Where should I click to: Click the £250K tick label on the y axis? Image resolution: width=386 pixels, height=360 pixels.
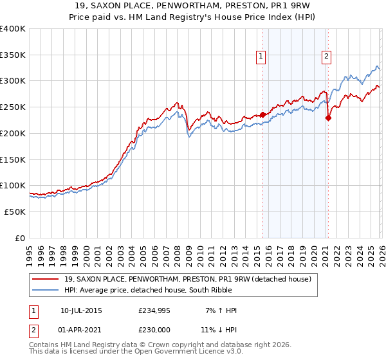coord(13,107)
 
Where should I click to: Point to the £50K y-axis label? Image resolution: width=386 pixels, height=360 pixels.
coord(14,212)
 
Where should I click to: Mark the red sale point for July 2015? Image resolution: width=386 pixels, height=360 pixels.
coord(262,115)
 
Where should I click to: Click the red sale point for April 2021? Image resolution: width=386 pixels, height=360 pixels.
coord(328,118)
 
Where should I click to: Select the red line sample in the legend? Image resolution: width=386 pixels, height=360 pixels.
coord(46,279)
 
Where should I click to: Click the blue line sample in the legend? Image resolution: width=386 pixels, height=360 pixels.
coord(46,289)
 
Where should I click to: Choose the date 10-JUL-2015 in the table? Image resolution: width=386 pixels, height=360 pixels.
coord(81,310)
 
